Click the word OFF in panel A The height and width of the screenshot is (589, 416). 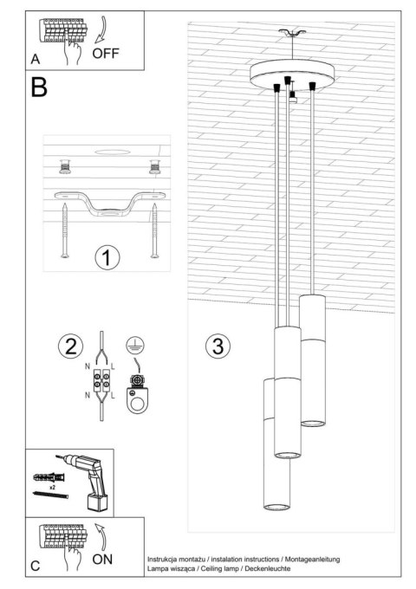pos(106,51)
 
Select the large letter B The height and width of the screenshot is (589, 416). pos(39,88)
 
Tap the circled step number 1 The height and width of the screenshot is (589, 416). pos(106,257)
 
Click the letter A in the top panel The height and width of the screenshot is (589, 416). pos(36,59)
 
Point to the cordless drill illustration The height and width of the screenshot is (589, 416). pos(91,482)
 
